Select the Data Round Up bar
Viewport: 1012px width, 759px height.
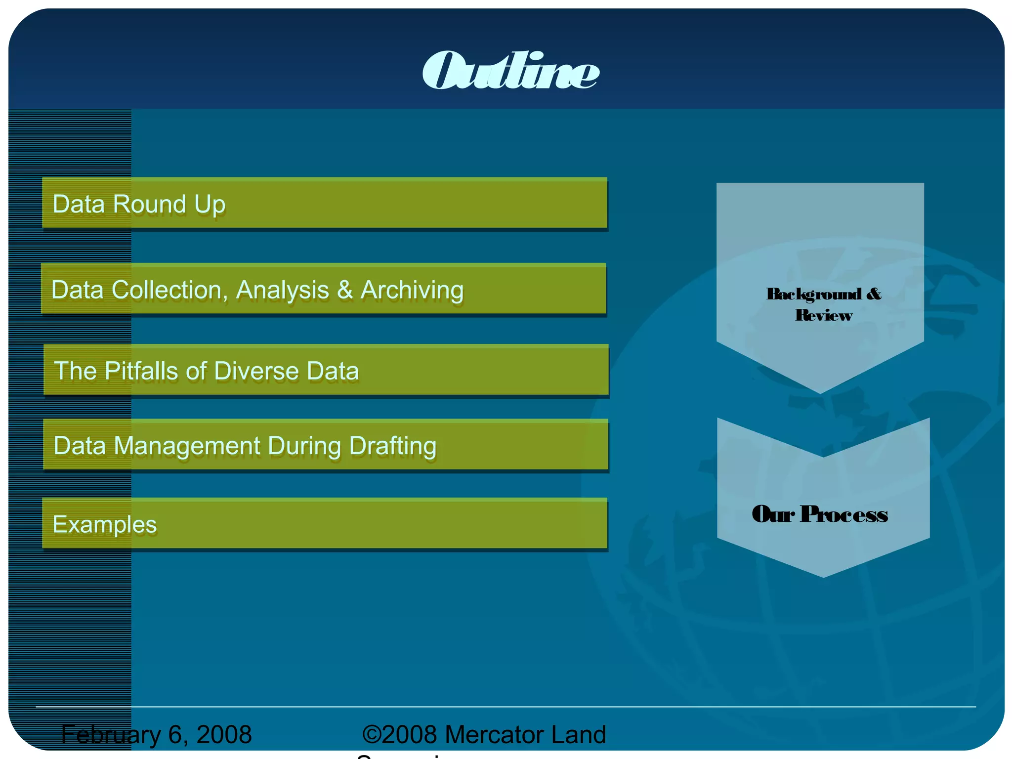point(325,203)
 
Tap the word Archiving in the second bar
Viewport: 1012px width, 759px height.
point(412,290)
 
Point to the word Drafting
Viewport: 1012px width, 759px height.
point(392,446)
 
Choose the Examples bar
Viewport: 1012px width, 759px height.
point(325,523)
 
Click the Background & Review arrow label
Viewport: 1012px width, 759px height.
point(824,304)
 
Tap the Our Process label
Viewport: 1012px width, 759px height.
point(820,514)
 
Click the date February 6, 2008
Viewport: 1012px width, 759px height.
point(157,734)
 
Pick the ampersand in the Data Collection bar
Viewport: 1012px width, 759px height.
point(345,290)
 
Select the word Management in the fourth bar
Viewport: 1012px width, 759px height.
point(187,446)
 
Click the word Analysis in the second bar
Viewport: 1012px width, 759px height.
point(282,290)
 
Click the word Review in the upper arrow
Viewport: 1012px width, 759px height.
point(824,315)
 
